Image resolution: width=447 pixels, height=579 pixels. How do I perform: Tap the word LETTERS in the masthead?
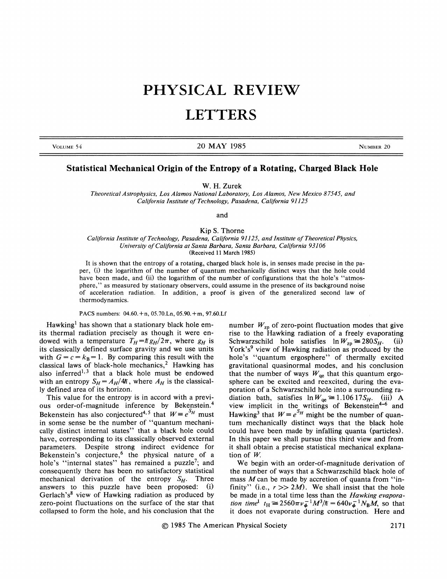coord(221,115)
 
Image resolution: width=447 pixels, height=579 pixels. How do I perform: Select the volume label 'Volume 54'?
coord(67,147)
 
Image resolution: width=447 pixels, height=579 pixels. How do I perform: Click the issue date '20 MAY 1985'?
coord(221,146)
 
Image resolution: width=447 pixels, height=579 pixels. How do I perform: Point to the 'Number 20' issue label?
coord(374,147)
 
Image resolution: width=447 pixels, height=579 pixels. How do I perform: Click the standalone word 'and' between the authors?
coord(222,215)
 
